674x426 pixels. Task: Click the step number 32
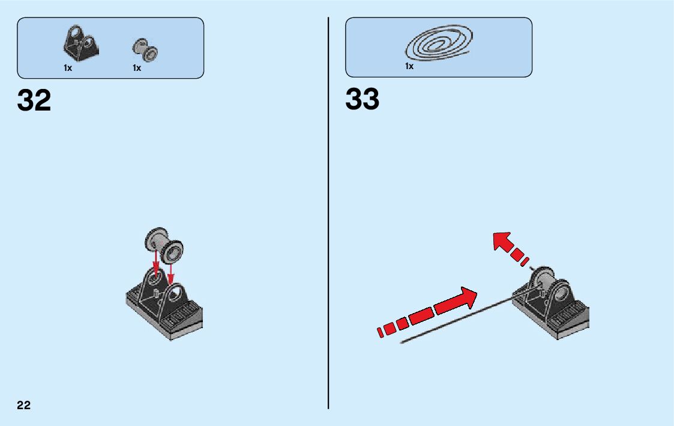tap(34, 100)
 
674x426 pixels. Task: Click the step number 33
tap(362, 99)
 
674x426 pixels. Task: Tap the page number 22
tap(23, 405)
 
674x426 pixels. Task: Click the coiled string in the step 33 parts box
tap(439, 44)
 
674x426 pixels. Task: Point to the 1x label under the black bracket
tap(68, 68)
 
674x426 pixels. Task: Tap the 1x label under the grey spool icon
tap(137, 68)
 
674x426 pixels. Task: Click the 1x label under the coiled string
tap(409, 67)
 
